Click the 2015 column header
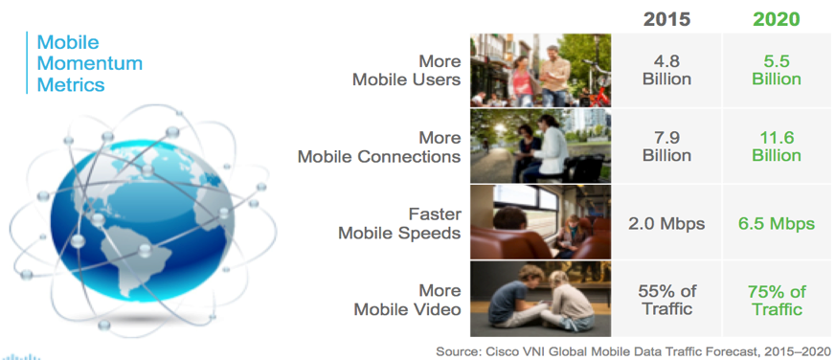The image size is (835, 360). click(666, 19)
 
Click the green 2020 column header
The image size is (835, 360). click(776, 19)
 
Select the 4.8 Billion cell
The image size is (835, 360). click(666, 69)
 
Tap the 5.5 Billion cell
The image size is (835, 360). click(776, 69)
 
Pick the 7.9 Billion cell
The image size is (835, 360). click(666, 146)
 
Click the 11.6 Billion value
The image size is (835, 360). click(776, 146)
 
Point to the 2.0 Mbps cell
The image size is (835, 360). click(666, 223)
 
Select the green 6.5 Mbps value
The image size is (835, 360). click(776, 223)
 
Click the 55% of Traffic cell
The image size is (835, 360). click(666, 300)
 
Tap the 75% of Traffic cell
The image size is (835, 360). click(776, 300)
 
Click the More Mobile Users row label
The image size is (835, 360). click(407, 70)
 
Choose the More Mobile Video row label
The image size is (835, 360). click(407, 300)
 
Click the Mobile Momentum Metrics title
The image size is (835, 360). click(88, 63)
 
